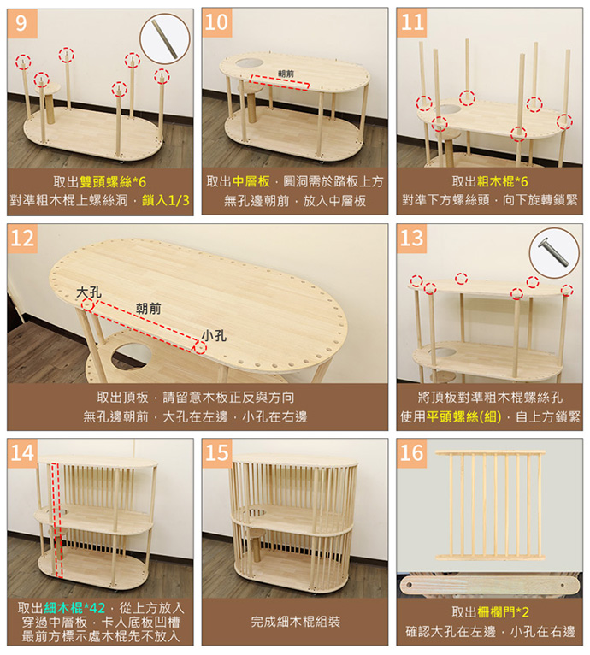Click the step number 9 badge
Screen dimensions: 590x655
click(x=22, y=23)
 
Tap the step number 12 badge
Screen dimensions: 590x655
click(x=22, y=239)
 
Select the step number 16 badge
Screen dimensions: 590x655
click(x=411, y=453)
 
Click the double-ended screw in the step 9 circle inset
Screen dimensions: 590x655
click(x=165, y=38)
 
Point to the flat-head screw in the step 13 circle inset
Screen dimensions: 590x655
click(x=555, y=252)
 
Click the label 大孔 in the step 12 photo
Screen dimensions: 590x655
click(x=89, y=292)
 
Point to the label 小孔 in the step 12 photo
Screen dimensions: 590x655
click(x=214, y=335)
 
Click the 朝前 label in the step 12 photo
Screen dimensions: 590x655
click(x=148, y=309)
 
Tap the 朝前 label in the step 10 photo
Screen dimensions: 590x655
click(x=286, y=74)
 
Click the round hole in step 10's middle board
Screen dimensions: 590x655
click(x=250, y=63)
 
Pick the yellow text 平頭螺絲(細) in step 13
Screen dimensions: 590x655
click(x=463, y=416)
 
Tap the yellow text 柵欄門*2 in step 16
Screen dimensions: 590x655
click(x=503, y=612)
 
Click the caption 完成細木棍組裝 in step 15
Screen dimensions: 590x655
click(x=295, y=622)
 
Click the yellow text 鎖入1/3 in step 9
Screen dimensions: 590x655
click(x=166, y=200)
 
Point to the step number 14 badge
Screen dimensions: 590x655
click(x=22, y=453)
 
